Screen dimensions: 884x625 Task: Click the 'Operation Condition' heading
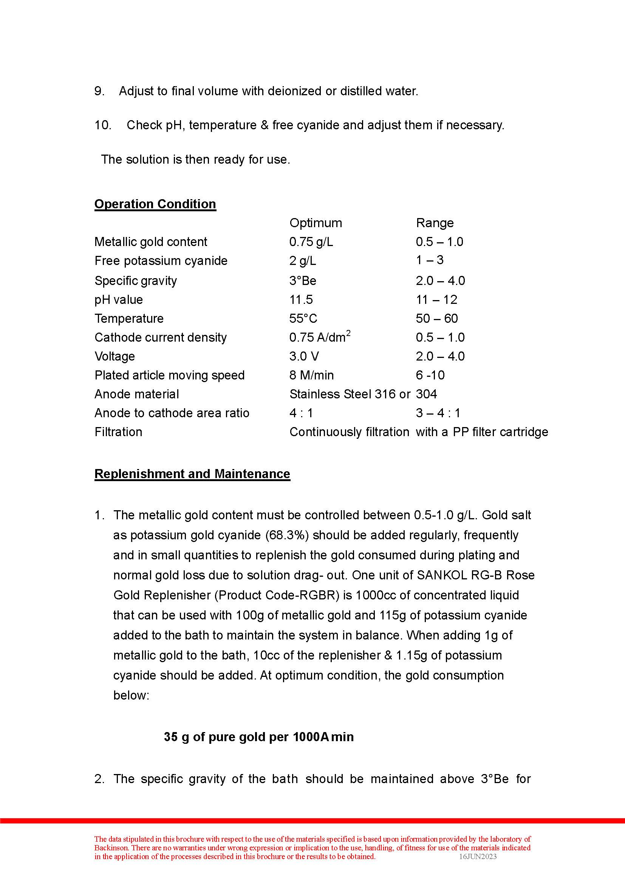pos(155,204)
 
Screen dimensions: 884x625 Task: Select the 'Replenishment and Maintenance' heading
pos(192,474)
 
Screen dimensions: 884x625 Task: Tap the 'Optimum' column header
pos(316,223)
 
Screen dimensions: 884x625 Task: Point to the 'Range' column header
pos(435,223)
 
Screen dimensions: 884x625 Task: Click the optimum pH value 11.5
pos(301,300)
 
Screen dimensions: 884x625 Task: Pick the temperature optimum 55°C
pos(303,318)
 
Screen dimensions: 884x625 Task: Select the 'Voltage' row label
pos(115,356)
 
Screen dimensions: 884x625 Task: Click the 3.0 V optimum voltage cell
pos(304,356)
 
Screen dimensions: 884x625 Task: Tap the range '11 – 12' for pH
pos(436,300)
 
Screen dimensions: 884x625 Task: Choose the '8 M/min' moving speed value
pos(311,375)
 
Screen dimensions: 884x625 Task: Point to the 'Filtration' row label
pos(118,432)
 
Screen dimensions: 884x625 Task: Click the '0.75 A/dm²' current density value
pos(319,337)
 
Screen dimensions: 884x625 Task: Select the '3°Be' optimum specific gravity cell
pos(303,281)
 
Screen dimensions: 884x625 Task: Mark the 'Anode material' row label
pos(137,394)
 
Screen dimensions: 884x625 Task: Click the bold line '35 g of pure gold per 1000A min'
pos(258,737)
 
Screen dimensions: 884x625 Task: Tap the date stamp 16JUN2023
pos(478,857)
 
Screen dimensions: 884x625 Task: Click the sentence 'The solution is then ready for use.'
pos(195,159)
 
